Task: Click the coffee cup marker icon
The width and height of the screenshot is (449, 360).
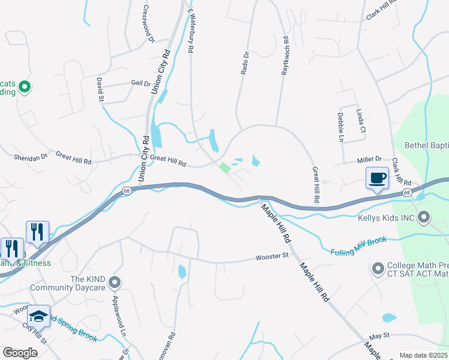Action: pos(377,178)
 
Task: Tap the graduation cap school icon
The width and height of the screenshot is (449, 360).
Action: pos(39,316)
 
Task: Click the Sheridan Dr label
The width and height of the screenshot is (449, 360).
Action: pos(30,158)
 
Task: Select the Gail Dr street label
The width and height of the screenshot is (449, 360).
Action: pos(140,84)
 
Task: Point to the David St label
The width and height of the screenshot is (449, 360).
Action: pos(100,89)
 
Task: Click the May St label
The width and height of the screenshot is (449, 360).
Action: pos(379,336)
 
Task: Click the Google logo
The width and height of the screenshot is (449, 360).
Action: pos(20,353)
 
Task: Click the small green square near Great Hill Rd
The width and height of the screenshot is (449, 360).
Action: pos(224,168)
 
